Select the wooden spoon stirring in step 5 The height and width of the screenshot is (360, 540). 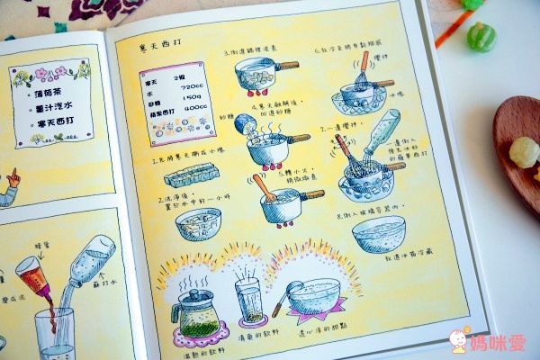264,188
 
